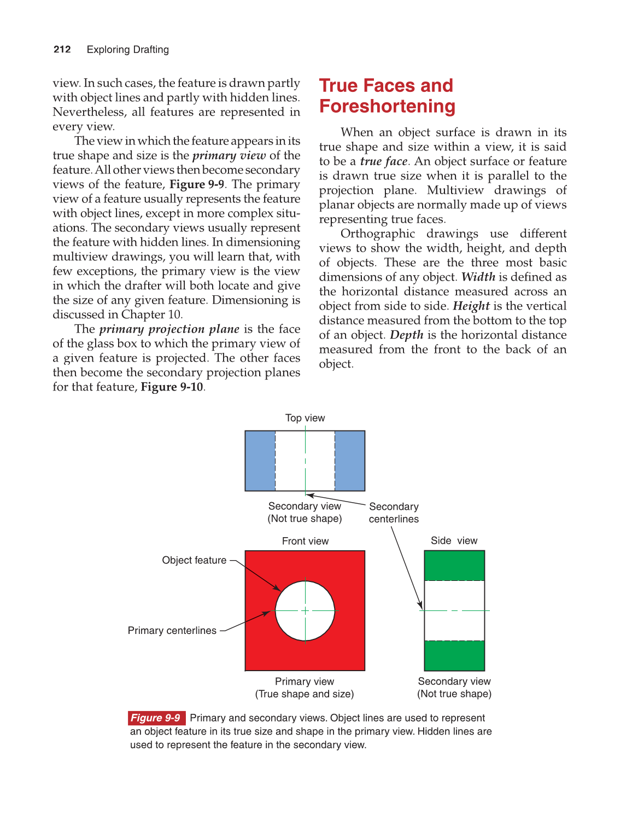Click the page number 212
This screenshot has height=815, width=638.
click(x=62, y=49)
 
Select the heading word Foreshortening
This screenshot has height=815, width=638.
click(x=387, y=106)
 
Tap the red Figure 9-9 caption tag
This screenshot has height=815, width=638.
click(x=156, y=718)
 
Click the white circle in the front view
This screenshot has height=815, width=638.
click(x=305, y=610)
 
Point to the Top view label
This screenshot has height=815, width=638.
click(x=305, y=418)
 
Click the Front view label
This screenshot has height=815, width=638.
click(x=305, y=541)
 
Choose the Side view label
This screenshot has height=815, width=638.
click(x=454, y=540)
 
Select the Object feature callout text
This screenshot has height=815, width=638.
click(x=194, y=560)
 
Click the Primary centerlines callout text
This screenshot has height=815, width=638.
click(x=172, y=631)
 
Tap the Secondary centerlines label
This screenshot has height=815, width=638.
click(x=394, y=513)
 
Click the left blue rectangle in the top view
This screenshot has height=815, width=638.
click(x=260, y=461)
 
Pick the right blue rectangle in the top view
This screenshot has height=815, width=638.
click(x=350, y=461)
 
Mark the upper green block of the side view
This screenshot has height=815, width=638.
click(x=454, y=565)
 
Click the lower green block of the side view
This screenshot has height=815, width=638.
click(x=454, y=655)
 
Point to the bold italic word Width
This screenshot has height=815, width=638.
click(x=478, y=277)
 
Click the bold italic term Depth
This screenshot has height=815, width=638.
click(x=407, y=335)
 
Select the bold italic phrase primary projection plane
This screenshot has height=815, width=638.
click(x=169, y=329)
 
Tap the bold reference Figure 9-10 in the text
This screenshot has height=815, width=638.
click(x=172, y=387)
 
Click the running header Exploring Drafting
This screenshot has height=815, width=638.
click(x=128, y=49)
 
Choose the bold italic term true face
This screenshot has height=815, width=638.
click(x=384, y=161)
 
